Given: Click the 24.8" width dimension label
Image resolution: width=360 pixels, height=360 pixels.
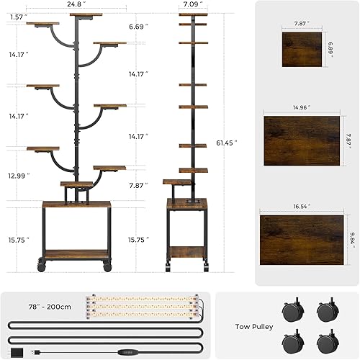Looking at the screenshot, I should (76, 4).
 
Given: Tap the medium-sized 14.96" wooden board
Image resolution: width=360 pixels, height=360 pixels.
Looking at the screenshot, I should (299, 140).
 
